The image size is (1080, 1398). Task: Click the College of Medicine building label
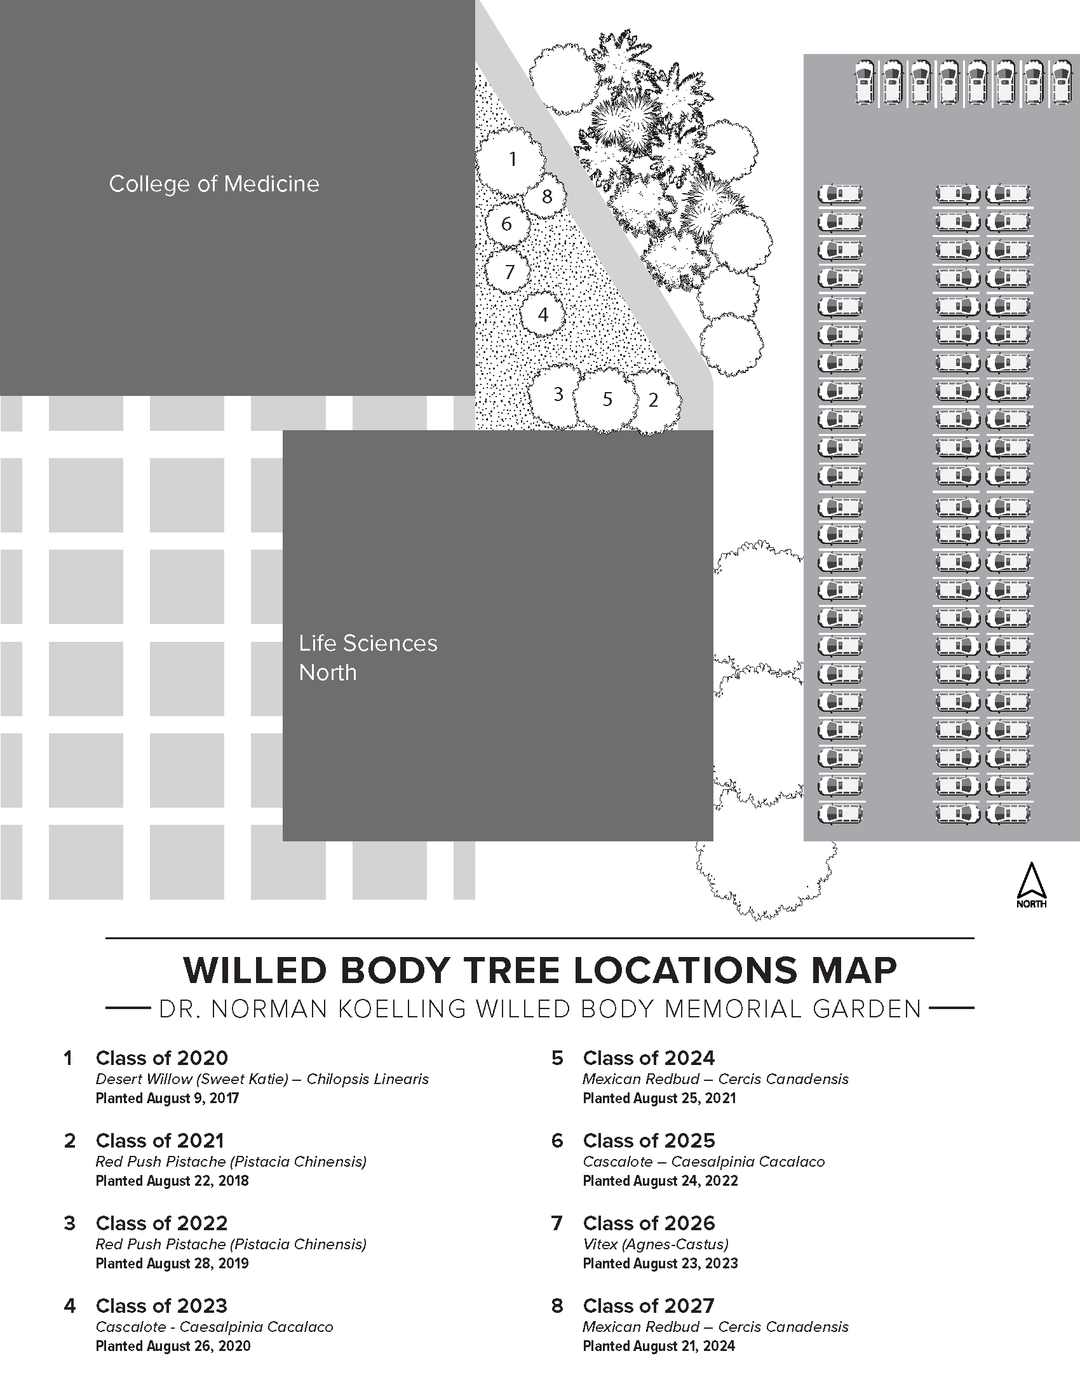tap(213, 184)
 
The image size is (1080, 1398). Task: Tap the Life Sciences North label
tap(368, 658)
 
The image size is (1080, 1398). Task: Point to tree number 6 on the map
tap(507, 224)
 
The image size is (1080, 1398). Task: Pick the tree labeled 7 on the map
tap(510, 273)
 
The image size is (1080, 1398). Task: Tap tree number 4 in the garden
tap(543, 315)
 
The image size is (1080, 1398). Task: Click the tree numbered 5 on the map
tap(607, 400)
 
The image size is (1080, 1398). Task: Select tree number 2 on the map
tap(653, 401)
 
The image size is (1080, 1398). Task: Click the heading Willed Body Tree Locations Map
tap(540, 970)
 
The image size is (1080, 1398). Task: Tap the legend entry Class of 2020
tap(162, 1057)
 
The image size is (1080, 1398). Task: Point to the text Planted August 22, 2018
tap(172, 1181)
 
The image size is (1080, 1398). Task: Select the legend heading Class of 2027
tap(648, 1305)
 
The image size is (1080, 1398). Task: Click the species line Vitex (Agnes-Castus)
tap(656, 1244)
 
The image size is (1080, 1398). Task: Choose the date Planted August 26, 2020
tap(173, 1345)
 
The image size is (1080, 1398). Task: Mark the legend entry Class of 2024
tap(649, 1057)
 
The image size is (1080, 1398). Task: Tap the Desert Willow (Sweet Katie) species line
tap(262, 1079)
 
